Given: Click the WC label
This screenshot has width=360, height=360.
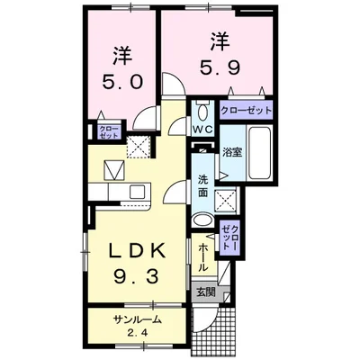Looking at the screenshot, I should pyautogui.click(x=201, y=129).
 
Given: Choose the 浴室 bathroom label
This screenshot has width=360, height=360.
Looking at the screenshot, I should pyautogui.click(x=232, y=151).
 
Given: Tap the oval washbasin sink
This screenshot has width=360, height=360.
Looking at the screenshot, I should pyautogui.click(x=204, y=221).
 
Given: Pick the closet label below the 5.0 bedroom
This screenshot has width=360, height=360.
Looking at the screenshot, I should pyautogui.click(x=106, y=130).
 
